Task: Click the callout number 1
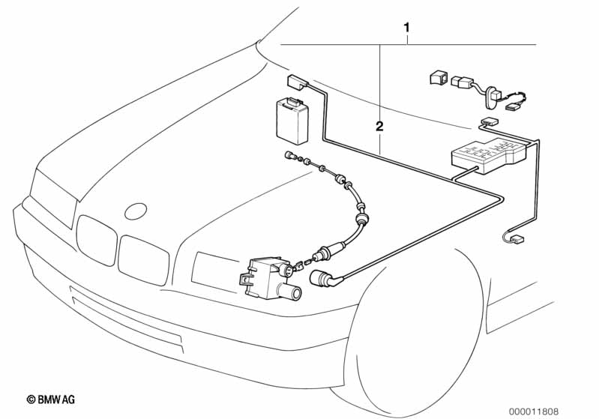pos(407,28)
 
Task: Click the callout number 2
pos(379,127)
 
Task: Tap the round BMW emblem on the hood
pos(136,211)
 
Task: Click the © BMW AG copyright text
pos(51,400)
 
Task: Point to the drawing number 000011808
pos(533,412)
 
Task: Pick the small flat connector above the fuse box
pos(490,122)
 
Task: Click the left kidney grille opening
pos(96,240)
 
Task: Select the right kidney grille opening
pos(143,260)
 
